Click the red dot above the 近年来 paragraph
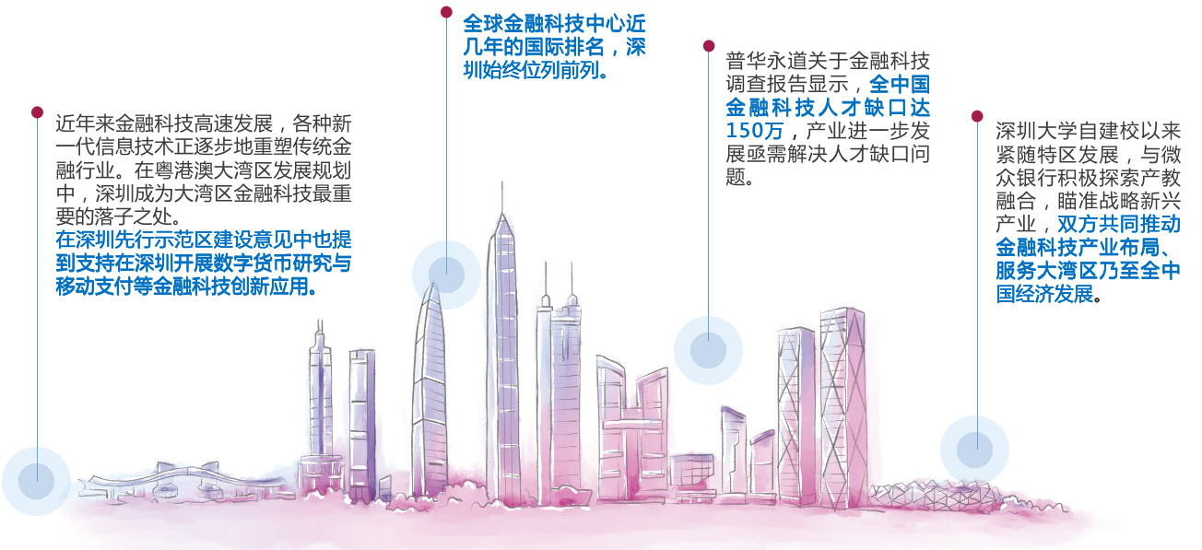37,112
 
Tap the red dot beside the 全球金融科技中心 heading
446,12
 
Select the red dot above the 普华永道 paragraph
709,46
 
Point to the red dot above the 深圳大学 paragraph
977,116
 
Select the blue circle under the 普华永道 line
708,350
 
